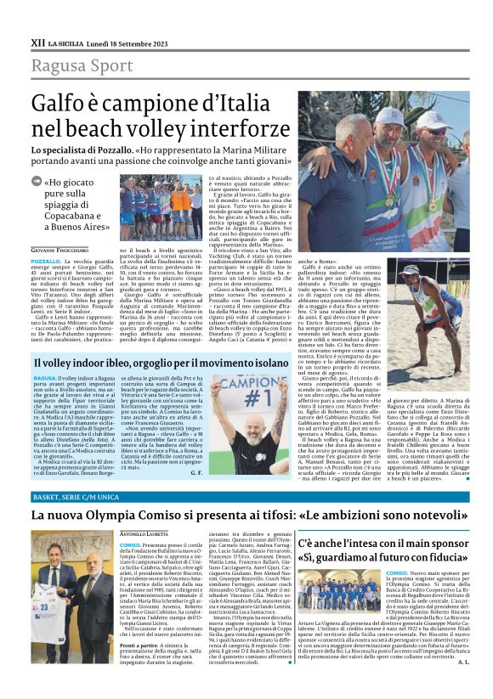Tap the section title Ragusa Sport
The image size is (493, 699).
click(82, 65)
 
